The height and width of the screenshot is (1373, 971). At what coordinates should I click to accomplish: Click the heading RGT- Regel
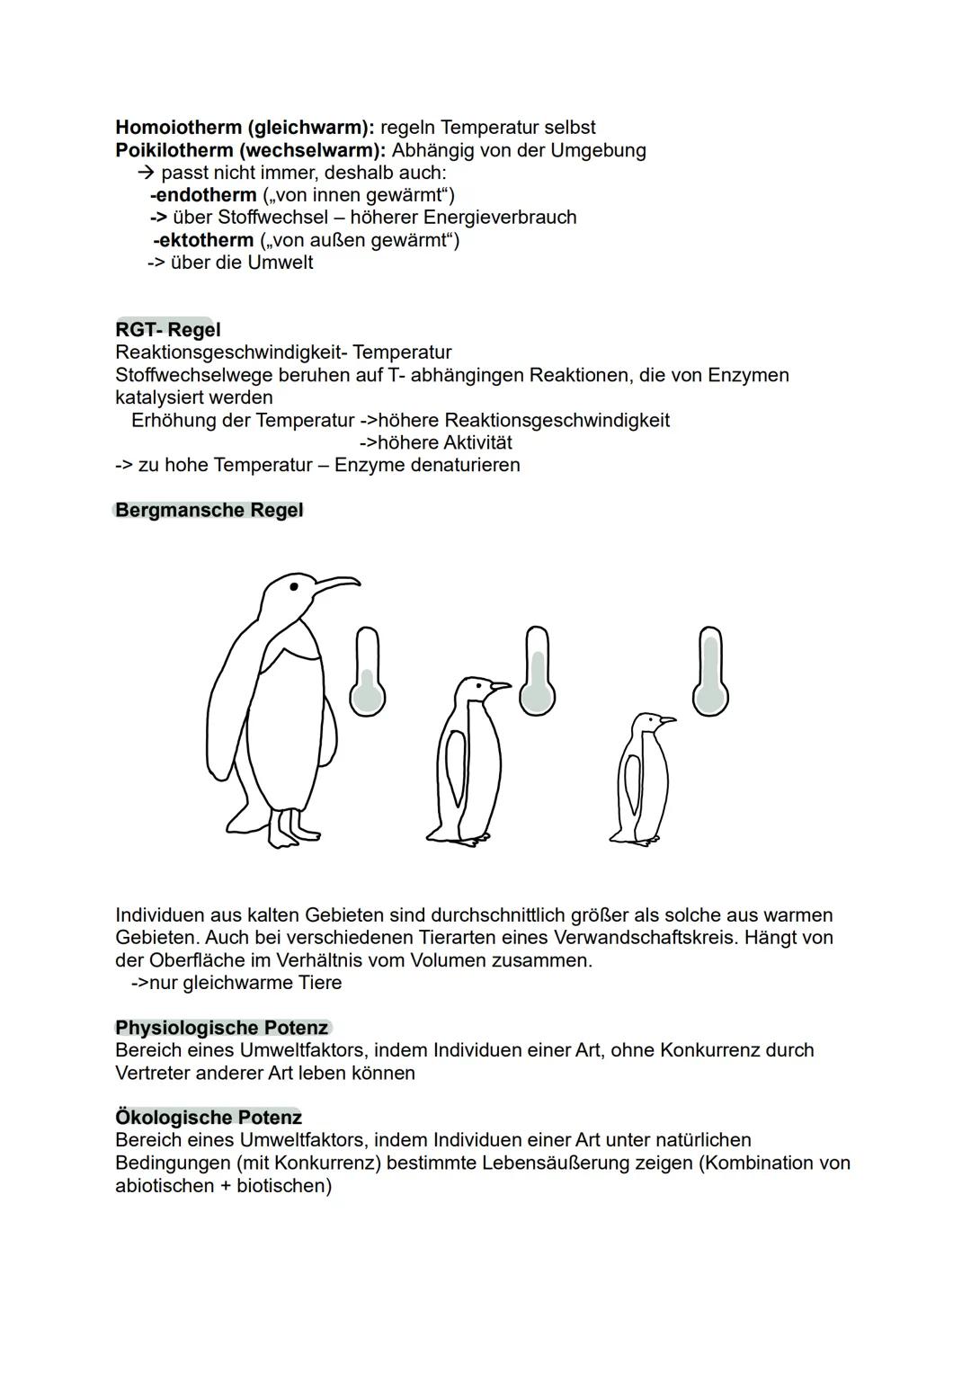[x=167, y=330]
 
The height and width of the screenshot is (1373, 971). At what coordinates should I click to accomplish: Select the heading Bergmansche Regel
[x=209, y=511]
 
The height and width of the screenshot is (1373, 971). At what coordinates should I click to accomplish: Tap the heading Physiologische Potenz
[x=221, y=1028]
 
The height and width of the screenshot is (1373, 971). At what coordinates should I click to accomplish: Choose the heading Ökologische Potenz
[x=208, y=1118]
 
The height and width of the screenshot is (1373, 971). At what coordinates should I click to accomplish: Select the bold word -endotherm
[x=203, y=195]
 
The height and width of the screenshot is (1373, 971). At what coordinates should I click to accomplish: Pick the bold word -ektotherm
[x=203, y=240]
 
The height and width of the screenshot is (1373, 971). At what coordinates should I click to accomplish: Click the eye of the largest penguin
[x=293, y=587]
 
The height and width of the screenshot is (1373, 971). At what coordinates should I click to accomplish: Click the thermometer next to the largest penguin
[x=367, y=673]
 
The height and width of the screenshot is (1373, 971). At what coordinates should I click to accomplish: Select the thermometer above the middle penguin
[x=537, y=672]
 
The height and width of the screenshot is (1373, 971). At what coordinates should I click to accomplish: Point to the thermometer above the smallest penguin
[x=710, y=672]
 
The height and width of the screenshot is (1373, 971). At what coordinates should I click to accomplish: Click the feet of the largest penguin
[x=292, y=832]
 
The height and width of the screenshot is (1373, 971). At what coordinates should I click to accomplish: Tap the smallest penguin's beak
[x=666, y=719]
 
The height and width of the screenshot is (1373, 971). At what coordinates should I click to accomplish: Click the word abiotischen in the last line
[x=172, y=1186]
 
